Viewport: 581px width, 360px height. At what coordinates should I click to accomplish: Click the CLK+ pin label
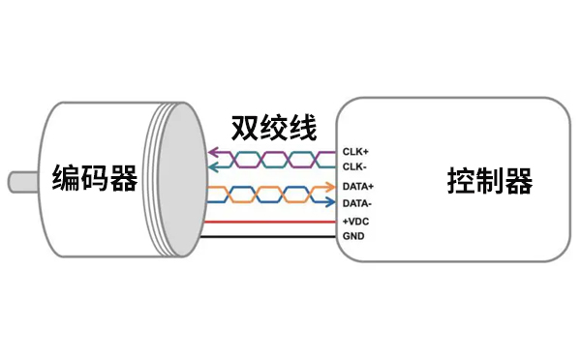pos(355,152)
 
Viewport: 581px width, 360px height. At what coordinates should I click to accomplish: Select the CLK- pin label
pos(354,166)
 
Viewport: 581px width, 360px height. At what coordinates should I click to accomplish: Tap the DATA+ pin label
pos(358,186)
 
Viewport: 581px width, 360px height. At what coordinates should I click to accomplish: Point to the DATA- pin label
pos(357,203)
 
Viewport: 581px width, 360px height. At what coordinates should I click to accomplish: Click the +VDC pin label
pos(355,222)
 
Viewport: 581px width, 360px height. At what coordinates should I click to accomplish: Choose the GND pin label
pos(352,235)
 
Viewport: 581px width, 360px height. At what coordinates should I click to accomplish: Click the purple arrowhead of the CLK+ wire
pos(213,153)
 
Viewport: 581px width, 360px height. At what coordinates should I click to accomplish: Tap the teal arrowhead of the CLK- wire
pos(213,166)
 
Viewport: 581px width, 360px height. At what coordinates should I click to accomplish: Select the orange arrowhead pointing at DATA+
pos(329,186)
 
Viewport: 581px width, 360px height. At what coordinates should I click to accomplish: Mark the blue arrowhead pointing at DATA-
pos(329,203)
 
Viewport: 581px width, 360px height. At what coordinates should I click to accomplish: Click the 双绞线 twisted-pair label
pos(273,128)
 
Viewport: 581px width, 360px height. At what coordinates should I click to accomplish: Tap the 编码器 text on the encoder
pos(94,179)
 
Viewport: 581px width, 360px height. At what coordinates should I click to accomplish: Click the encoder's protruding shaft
pos(19,181)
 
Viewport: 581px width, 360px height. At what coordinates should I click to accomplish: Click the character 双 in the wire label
pos(246,128)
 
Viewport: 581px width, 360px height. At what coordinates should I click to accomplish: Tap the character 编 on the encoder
pos(66,179)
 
